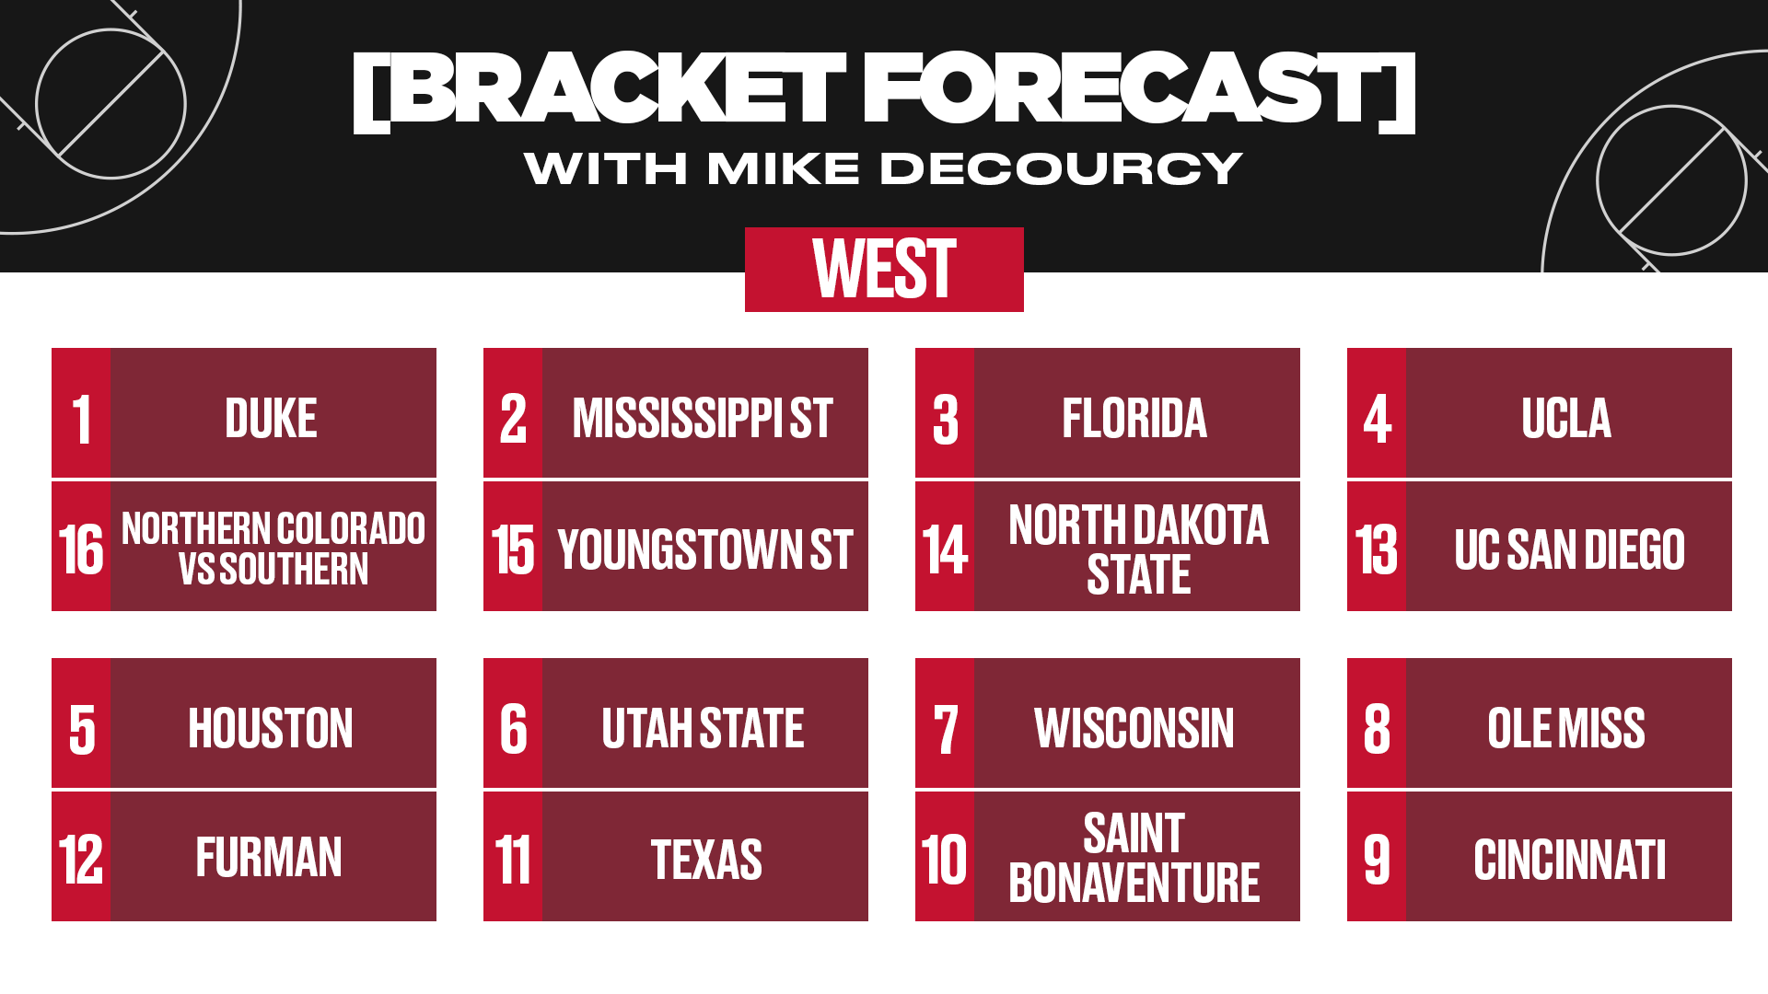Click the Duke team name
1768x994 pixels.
tap(271, 418)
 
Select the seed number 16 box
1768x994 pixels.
tap(81, 547)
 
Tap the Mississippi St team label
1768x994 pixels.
tap(703, 418)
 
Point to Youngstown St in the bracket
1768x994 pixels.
tap(705, 549)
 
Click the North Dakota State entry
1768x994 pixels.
tap(1138, 549)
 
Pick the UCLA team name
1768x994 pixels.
tap(1566, 418)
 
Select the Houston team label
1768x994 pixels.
tap(271, 728)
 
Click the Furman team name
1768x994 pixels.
tap(269, 857)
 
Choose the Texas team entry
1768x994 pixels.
tap(706, 860)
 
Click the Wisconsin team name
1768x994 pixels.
tap(1134, 728)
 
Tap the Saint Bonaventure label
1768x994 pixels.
tap(1134, 858)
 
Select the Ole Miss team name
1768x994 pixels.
tap(1566, 728)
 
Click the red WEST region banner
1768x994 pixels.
tap(884, 270)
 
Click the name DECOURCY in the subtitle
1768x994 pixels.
tap(1062, 168)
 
